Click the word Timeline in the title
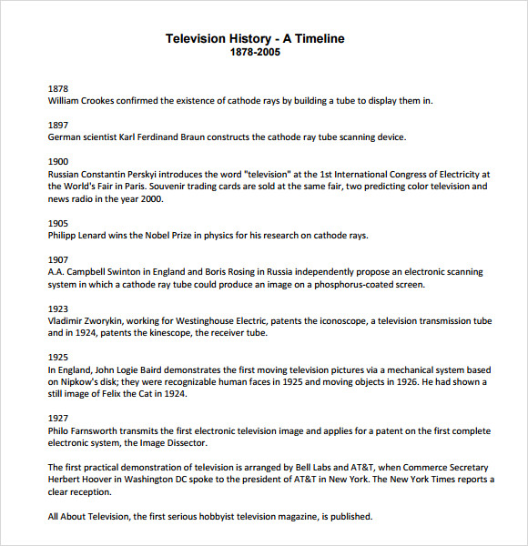(313, 38)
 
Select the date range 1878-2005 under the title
(255, 52)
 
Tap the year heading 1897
(57, 125)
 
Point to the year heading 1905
(57, 223)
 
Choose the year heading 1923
(57, 308)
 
